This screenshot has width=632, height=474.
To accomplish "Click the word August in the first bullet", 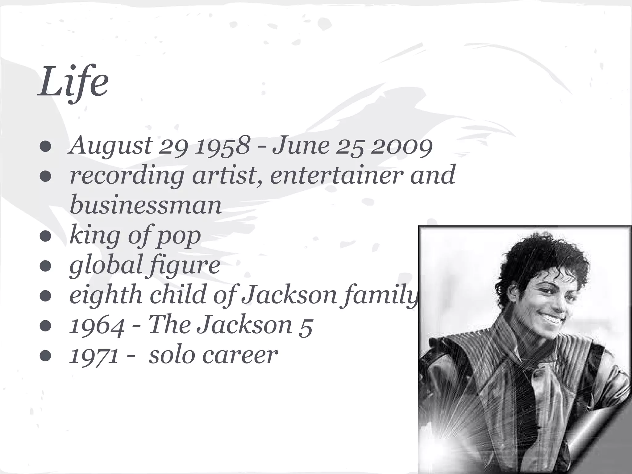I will [110, 146].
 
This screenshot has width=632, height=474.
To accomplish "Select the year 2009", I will [401, 146].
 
